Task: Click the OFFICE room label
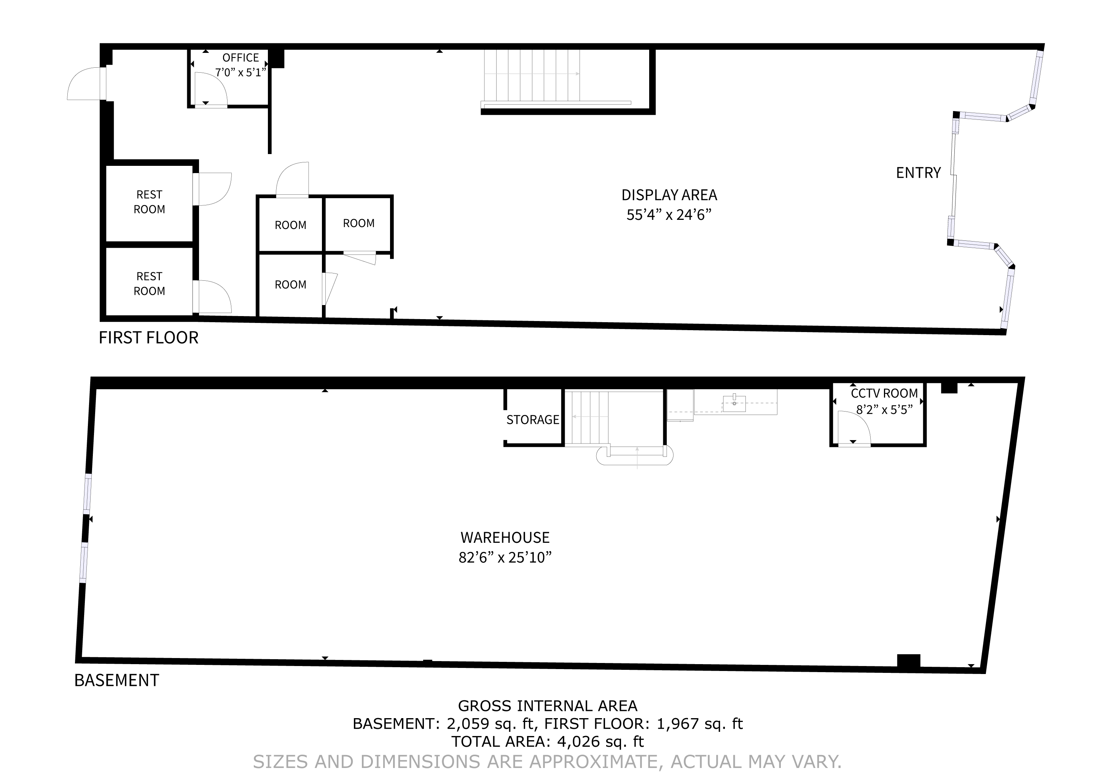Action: coord(240,57)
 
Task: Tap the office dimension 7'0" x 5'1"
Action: coord(240,73)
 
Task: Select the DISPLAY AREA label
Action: coord(669,195)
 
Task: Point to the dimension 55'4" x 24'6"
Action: coord(669,215)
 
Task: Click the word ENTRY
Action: coord(918,173)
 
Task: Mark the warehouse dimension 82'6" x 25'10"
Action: coord(505,557)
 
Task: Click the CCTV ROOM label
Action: coord(884,393)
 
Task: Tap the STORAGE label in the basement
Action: coord(533,420)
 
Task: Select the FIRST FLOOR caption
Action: coord(148,338)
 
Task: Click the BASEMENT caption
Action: coord(117,680)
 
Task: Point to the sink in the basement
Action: coord(734,404)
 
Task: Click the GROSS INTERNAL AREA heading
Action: coord(548,706)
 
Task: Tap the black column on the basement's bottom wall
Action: coord(909,661)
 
